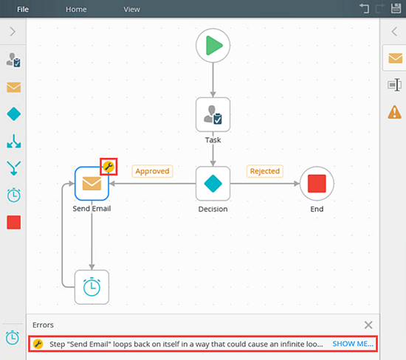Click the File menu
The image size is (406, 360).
coord(23,10)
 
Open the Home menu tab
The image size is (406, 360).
coord(76,10)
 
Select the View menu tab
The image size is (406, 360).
coord(132,10)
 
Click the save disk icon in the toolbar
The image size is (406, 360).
coord(396,8)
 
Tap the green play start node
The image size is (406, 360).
coord(213,46)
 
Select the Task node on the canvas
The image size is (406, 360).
coord(213,114)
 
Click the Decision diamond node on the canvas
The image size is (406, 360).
coord(213,184)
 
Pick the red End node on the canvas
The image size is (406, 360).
coord(317,184)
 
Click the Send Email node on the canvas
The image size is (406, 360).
coord(92,184)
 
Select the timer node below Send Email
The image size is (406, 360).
coord(92,287)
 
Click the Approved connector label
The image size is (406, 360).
coord(152,171)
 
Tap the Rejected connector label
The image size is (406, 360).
coord(265,171)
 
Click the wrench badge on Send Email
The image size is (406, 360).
coord(109,167)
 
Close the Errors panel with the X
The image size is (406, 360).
coord(368,325)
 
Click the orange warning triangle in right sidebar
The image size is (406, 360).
coord(395,112)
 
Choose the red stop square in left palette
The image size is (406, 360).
coord(14,222)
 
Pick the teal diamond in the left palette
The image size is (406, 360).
coord(14,114)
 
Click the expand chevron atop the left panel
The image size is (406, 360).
coord(13,32)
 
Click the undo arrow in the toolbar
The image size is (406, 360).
coord(365,8)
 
